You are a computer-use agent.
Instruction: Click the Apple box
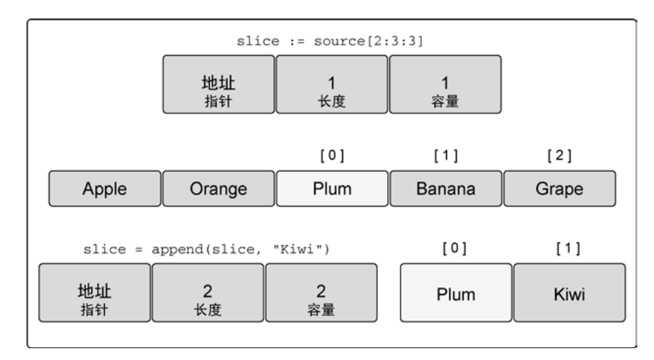(x=104, y=189)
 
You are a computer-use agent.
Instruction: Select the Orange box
(x=218, y=189)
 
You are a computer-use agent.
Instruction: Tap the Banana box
(x=446, y=189)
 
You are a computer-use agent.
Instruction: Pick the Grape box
(x=559, y=189)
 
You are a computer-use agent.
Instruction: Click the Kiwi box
(x=569, y=293)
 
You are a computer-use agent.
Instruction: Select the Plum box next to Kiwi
(x=456, y=293)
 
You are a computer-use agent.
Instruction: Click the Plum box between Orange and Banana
(x=332, y=189)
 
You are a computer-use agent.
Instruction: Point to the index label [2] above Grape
(x=559, y=156)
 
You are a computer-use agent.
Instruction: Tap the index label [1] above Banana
(x=446, y=156)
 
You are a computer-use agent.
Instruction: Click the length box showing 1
(x=332, y=85)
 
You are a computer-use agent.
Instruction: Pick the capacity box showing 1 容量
(x=445, y=85)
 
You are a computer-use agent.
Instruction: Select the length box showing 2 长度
(x=208, y=293)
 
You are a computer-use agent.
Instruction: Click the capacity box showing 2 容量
(x=321, y=293)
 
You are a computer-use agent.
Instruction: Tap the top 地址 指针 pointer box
(x=218, y=85)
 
